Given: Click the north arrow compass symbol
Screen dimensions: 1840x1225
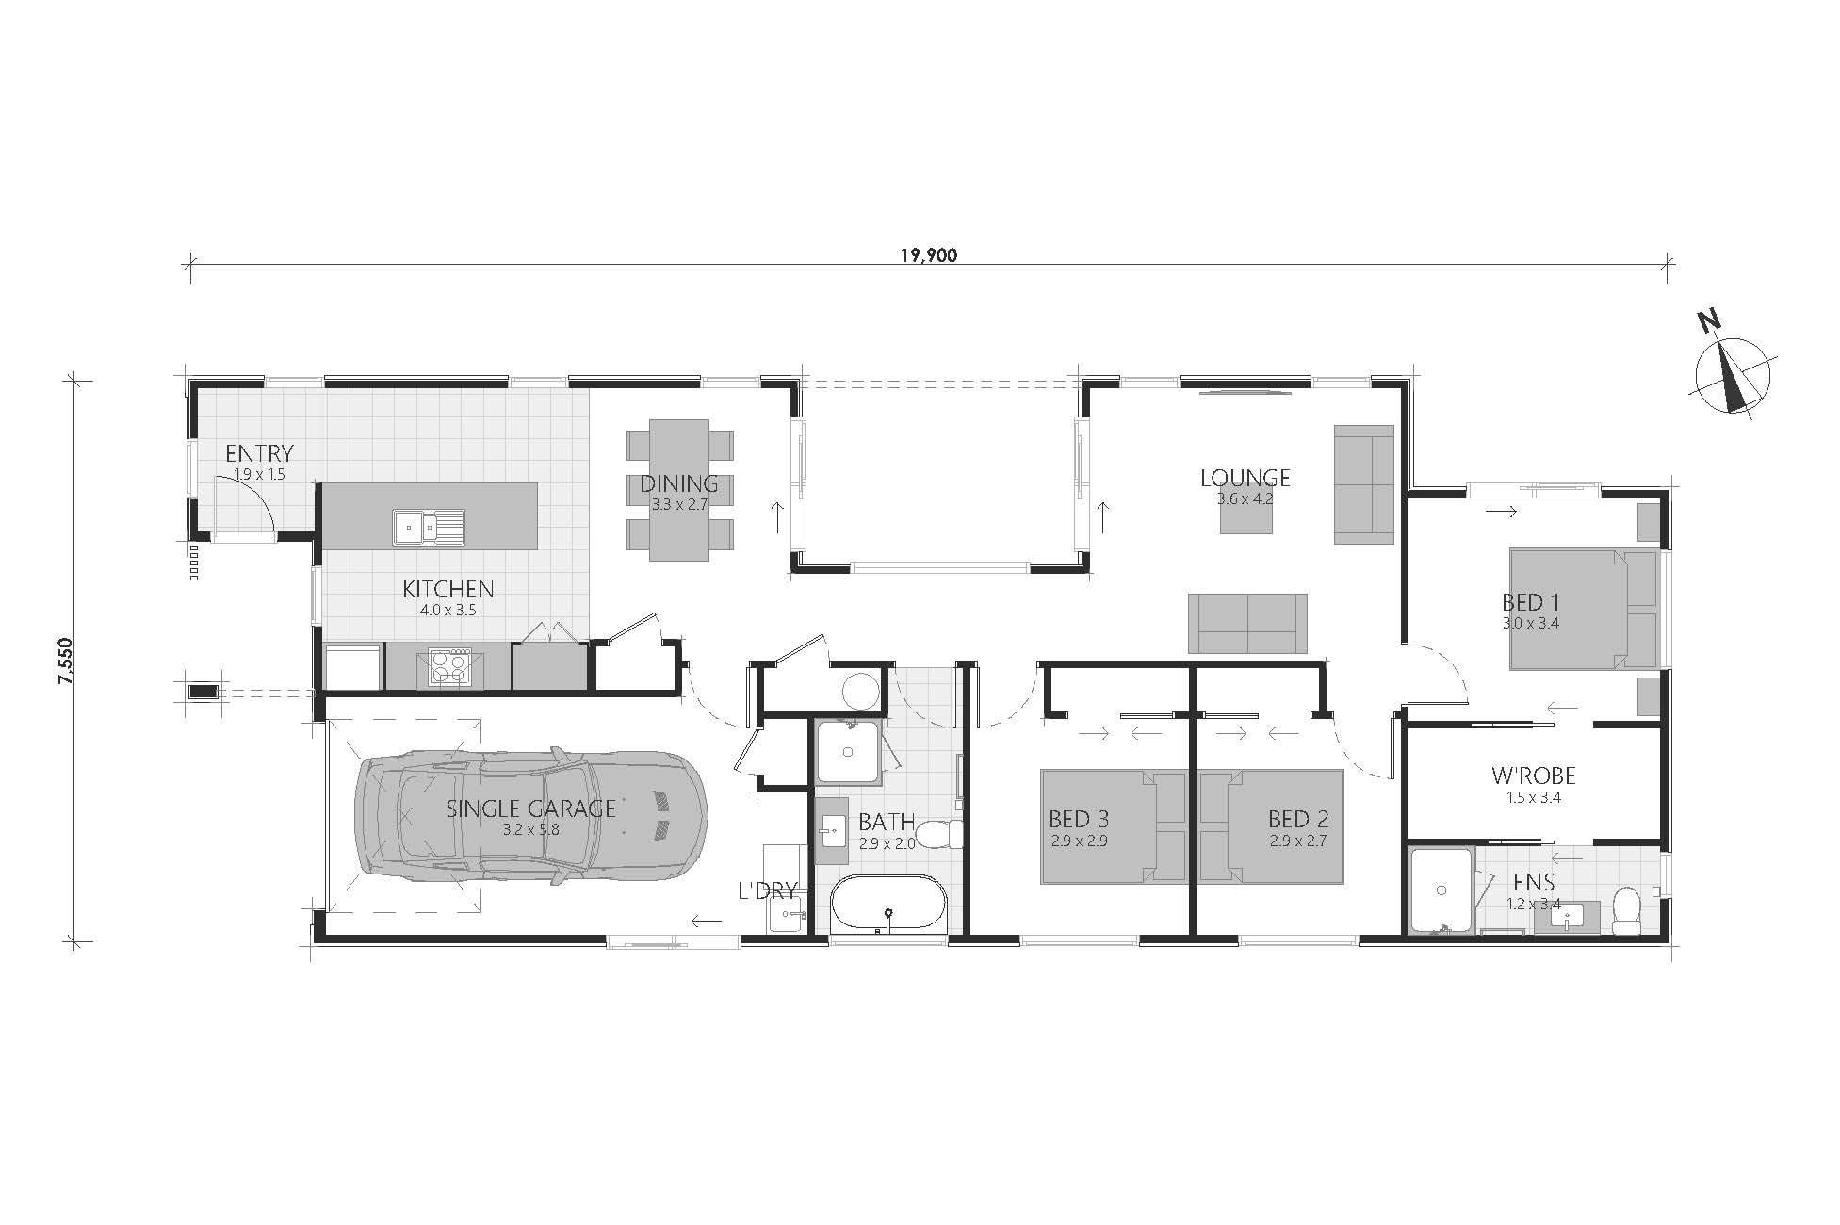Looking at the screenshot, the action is pos(1732,376).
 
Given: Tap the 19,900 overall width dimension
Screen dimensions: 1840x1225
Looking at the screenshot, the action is pos(928,254).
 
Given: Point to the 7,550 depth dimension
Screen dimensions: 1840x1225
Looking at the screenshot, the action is pos(66,666).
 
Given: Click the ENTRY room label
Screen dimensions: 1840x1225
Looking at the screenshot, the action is pos(259,453).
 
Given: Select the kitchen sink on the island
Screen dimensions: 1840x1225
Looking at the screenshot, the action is pos(429,527).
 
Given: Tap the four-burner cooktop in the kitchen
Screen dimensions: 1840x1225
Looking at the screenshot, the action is pos(449,667).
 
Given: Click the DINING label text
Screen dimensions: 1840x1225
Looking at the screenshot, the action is pos(679,483).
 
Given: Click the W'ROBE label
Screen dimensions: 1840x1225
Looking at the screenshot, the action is pos(1534,776).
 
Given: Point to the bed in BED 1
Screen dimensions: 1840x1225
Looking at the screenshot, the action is pos(1584,610).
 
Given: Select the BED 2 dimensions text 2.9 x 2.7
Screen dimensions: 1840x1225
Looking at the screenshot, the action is pos(1297,841).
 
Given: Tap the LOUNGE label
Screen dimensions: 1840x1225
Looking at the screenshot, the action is pos(1245,478).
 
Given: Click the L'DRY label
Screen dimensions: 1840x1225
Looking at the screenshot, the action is pos(769,890).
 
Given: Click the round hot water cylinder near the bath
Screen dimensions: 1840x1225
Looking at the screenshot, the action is pos(859,691).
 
